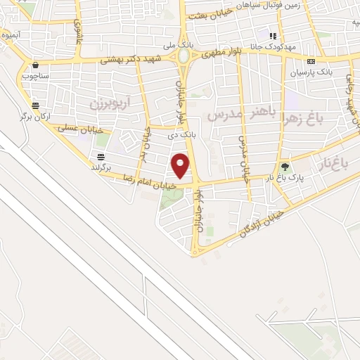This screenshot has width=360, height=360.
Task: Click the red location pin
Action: [x=181, y=165]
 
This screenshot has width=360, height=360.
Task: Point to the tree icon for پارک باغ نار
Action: [x=285, y=167]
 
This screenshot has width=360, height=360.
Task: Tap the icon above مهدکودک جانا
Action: [x=274, y=35]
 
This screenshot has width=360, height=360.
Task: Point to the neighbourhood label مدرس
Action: [x=226, y=112]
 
